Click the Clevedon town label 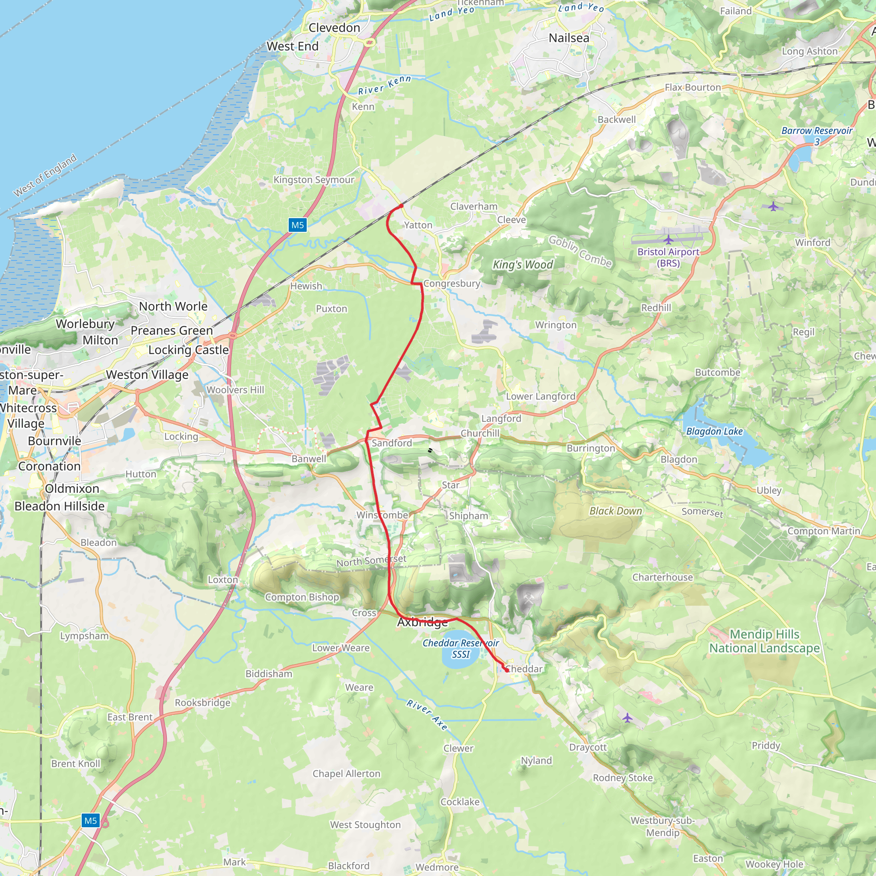(x=334, y=28)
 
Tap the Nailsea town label (x=568, y=38)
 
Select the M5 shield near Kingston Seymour (x=297, y=225)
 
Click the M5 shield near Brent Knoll (x=91, y=820)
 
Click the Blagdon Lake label (x=714, y=431)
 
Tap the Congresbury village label (x=452, y=284)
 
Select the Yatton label (x=418, y=225)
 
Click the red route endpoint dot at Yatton (x=401, y=206)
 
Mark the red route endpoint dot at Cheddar (x=507, y=670)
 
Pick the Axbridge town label (x=422, y=622)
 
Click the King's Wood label (x=523, y=265)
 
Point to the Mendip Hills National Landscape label (x=764, y=641)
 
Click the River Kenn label (x=385, y=85)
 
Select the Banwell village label (x=309, y=459)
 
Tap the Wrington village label (x=556, y=325)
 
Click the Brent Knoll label (x=76, y=764)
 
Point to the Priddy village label (x=766, y=746)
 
